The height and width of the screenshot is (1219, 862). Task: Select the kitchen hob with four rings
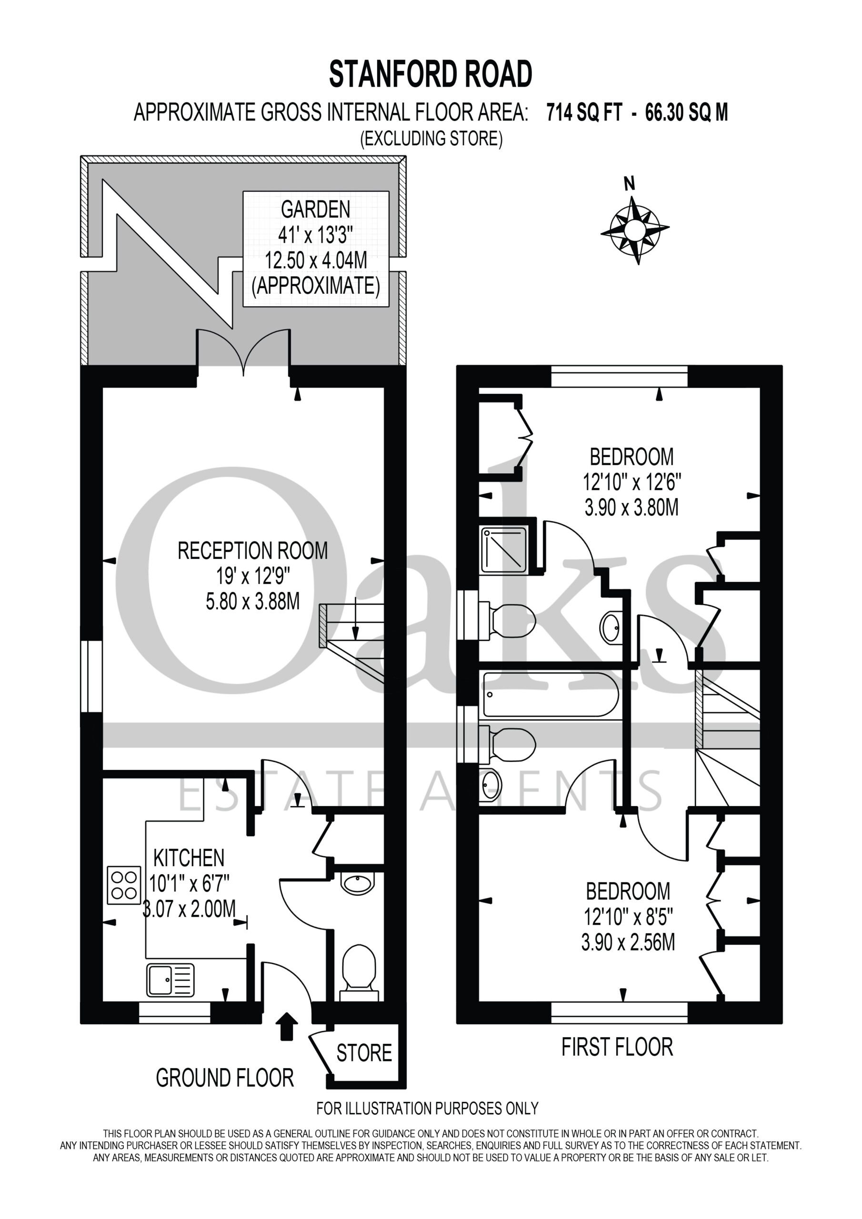(124, 885)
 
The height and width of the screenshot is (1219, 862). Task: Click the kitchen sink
(170, 980)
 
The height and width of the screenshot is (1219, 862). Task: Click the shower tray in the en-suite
(503, 550)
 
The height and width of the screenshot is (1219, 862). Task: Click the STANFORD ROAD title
(431, 74)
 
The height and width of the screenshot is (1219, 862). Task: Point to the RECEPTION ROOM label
(252, 550)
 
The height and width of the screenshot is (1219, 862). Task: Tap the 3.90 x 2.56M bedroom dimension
(628, 942)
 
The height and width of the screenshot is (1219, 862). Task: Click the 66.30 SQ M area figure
(686, 112)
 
